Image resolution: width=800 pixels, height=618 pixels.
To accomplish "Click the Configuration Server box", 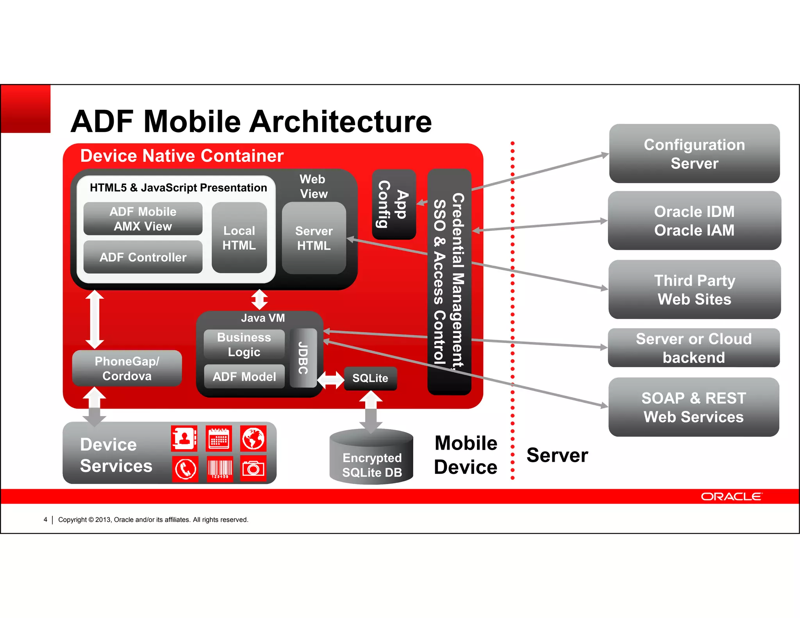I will pos(694,154).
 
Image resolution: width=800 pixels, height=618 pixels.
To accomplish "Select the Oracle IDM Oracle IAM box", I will pos(694,221).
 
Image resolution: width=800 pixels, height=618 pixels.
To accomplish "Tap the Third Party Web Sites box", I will pos(694,289).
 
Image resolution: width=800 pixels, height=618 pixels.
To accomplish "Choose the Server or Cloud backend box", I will pos(694,348).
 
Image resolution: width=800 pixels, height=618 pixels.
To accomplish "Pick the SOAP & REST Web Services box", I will pos(694,407).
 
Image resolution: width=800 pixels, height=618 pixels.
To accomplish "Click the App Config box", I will pos(393,204).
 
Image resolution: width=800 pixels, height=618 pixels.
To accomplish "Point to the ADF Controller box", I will pos(143,257).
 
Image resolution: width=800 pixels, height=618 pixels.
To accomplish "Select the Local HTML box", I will pos(239,238).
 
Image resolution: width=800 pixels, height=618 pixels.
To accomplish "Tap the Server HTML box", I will pos(314,238).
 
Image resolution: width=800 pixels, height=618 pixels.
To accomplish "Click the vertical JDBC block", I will pos(304,358).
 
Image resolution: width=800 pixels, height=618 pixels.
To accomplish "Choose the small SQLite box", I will pos(370,378).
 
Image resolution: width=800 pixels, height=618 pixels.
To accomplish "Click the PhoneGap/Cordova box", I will pos(127,368).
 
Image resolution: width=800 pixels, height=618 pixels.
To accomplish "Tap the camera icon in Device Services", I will pos(253,468).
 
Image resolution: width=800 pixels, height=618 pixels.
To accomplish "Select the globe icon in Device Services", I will pos(253,438).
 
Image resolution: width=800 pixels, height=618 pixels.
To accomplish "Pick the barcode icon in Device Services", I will pos(220,468).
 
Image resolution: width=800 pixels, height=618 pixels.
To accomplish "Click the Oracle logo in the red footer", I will pos(731,497).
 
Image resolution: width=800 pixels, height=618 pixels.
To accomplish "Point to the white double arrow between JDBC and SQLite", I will pos(330,379).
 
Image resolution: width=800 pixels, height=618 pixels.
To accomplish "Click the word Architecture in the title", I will pos(340,121).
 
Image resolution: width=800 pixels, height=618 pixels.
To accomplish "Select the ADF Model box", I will pos(244,377).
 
